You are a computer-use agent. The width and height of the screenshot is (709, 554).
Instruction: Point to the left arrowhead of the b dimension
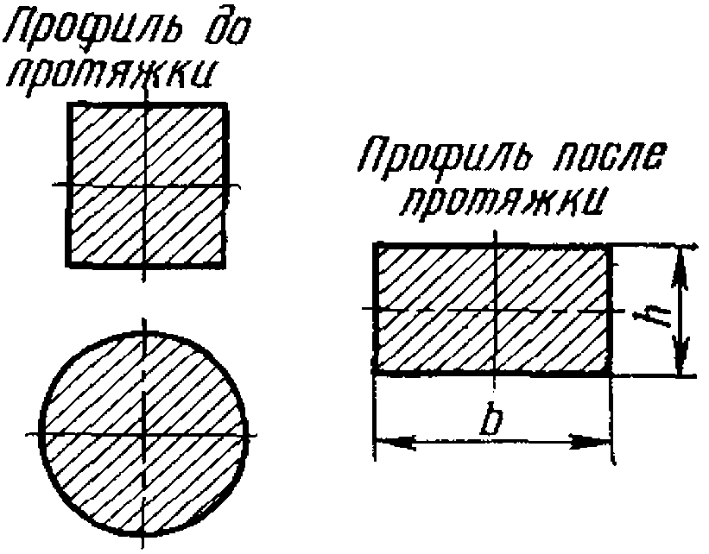pyautogui.click(x=387, y=442)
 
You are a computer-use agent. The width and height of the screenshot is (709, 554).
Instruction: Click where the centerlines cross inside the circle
pyautogui.click(x=144, y=431)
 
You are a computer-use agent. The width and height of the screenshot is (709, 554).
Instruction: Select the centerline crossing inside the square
pyautogui.click(x=148, y=185)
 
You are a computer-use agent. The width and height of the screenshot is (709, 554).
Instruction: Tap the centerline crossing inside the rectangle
pyautogui.click(x=494, y=308)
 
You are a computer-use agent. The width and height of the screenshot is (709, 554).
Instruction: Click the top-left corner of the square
pyautogui.click(x=68, y=104)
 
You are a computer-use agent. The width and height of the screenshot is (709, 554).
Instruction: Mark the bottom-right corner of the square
pyautogui.click(x=225, y=265)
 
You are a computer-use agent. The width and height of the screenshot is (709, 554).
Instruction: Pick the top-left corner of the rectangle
pyautogui.click(x=375, y=245)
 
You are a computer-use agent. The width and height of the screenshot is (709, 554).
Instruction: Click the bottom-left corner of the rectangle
pyautogui.click(x=375, y=372)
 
